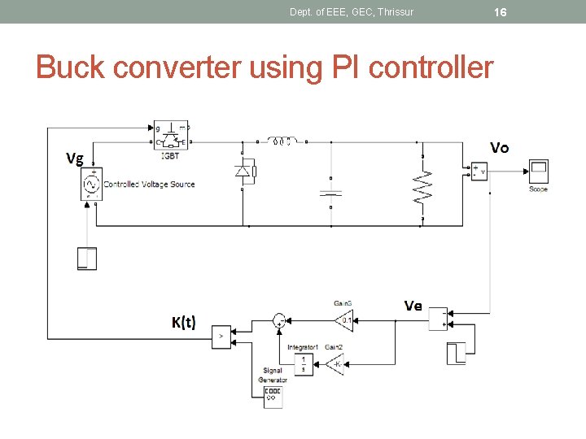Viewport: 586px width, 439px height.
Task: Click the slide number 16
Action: tap(501, 11)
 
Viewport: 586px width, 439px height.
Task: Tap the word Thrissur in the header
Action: tap(395, 11)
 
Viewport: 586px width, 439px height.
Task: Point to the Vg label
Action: tap(74, 159)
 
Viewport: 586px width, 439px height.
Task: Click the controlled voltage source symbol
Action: tap(92, 185)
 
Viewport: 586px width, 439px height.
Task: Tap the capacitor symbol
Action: tap(330, 193)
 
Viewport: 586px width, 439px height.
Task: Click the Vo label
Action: tap(499, 147)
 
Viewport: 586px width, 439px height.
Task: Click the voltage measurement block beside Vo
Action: tap(479, 172)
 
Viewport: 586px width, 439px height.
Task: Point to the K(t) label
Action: tap(183, 322)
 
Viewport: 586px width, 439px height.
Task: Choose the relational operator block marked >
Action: tap(221, 337)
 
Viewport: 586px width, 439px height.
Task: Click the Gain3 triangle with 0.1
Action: tap(344, 319)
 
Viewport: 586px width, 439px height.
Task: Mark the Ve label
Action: tap(413, 306)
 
